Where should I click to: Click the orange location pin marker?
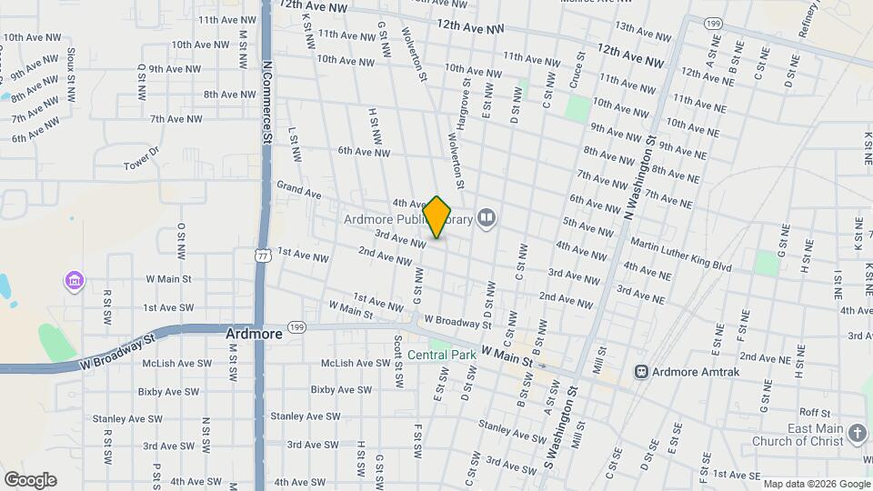click(x=437, y=216)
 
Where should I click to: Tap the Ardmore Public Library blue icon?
click(x=487, y=217)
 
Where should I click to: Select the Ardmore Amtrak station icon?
click(x=642, y=371)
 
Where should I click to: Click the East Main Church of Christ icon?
click(x=858, y=433)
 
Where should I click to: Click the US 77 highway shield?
click(x=262, y=257)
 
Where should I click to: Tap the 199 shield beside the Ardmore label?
click(x=296, y=326)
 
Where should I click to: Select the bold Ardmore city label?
click(x=254, y=334)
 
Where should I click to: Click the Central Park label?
click(x=441, y=355)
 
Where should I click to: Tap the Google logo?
click(x=30, y=479)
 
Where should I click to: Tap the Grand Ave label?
click(x=299, y=194)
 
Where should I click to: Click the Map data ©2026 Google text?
click(x=816, y=484)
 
